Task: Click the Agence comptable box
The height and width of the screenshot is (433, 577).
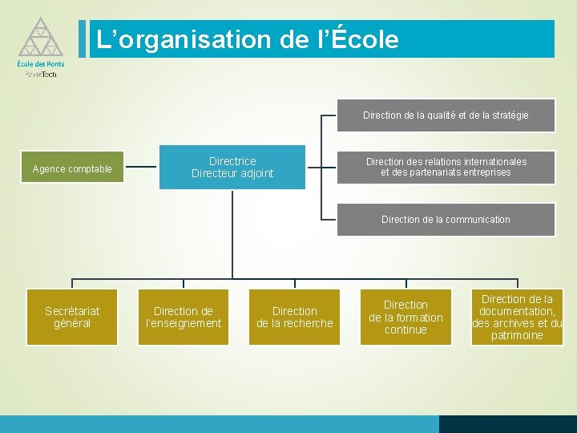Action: (72, 168)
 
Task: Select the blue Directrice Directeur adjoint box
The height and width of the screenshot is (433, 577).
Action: (232, 167)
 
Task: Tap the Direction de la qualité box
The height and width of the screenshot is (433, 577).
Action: (446, 115)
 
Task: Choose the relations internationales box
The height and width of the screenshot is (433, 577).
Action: (446, 167)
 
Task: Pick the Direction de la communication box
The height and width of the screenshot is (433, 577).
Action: (446, 219)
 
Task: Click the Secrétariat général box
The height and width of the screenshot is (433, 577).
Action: (72, 317)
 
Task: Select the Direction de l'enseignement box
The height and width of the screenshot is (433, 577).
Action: (184, 317)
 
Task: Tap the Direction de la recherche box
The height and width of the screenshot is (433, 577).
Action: (294, 317)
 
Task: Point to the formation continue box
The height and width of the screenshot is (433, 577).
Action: (406, 317)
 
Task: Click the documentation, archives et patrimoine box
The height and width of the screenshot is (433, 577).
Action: (517, 317)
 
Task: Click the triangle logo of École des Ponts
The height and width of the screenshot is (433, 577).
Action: (35, 37)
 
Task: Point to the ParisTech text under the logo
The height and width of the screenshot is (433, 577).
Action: (41, 74)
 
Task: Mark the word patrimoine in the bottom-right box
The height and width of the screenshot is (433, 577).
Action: (517, 335)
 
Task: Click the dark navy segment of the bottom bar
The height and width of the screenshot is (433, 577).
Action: (507, 424)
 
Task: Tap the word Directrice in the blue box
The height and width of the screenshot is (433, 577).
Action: (232, 161)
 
